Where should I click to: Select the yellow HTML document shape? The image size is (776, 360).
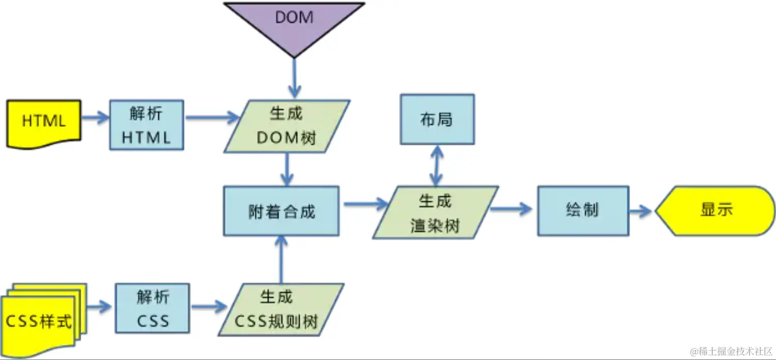(x=44, y=123)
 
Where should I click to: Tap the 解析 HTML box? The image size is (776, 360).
(x=147, y=125)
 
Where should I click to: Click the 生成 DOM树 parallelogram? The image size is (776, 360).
(x=286, y=126)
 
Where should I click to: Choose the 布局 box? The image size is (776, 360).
(x=437, y=119)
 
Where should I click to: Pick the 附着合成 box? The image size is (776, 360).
(x=281, y=211)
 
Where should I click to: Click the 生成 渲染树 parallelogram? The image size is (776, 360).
(x=435, y=213)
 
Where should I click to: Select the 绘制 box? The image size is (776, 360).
(x=583, y=211)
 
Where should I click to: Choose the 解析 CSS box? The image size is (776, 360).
(x=153, y=308)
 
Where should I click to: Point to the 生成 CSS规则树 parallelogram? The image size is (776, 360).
(x=281, y=309)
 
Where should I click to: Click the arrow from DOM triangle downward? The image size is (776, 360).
(x=295, y=78)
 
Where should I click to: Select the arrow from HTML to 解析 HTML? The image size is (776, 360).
(x=95, y=118)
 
